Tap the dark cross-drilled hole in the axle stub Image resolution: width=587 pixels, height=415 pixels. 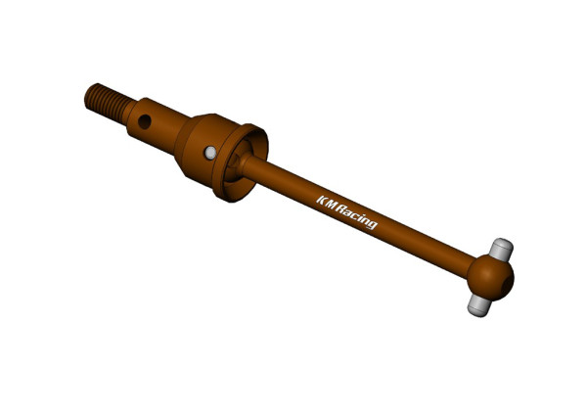pos(145,121)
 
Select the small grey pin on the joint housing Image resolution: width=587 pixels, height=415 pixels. pos(210,153)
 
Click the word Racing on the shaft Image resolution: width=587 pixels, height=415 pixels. pos(356,215)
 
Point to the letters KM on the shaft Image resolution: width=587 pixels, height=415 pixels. pos(327,203)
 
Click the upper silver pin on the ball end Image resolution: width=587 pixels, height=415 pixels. pos(501,250)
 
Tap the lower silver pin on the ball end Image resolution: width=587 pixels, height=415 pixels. pos(479,305)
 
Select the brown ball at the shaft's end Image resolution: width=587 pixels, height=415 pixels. pos(490,277)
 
